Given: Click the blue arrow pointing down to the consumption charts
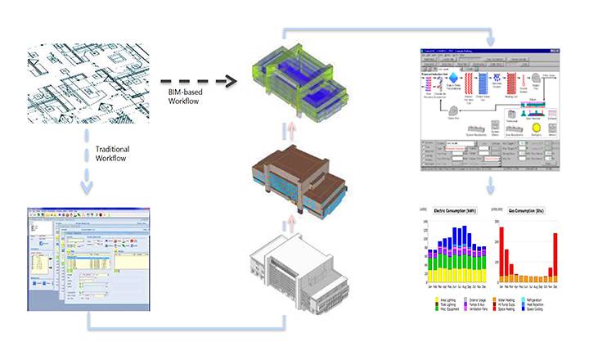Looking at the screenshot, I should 492,188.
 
